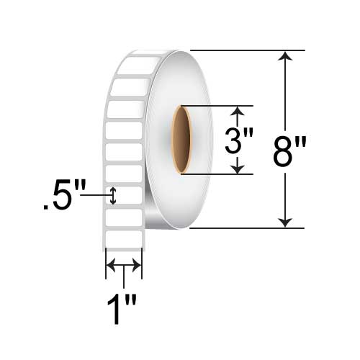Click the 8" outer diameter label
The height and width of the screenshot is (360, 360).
[290, 152]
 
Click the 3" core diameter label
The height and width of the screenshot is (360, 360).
[239, 140]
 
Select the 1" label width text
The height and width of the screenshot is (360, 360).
[122, 308]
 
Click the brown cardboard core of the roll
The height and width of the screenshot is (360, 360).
[181, 140]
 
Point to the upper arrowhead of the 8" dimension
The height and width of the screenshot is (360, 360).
[285, 55]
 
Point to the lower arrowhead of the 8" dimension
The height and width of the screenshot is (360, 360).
[285, 222]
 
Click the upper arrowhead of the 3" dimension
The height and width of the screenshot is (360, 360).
[238, 111]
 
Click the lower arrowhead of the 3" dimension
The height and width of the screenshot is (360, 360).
[238, 169]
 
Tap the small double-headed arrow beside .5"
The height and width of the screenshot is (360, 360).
[113, 196]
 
